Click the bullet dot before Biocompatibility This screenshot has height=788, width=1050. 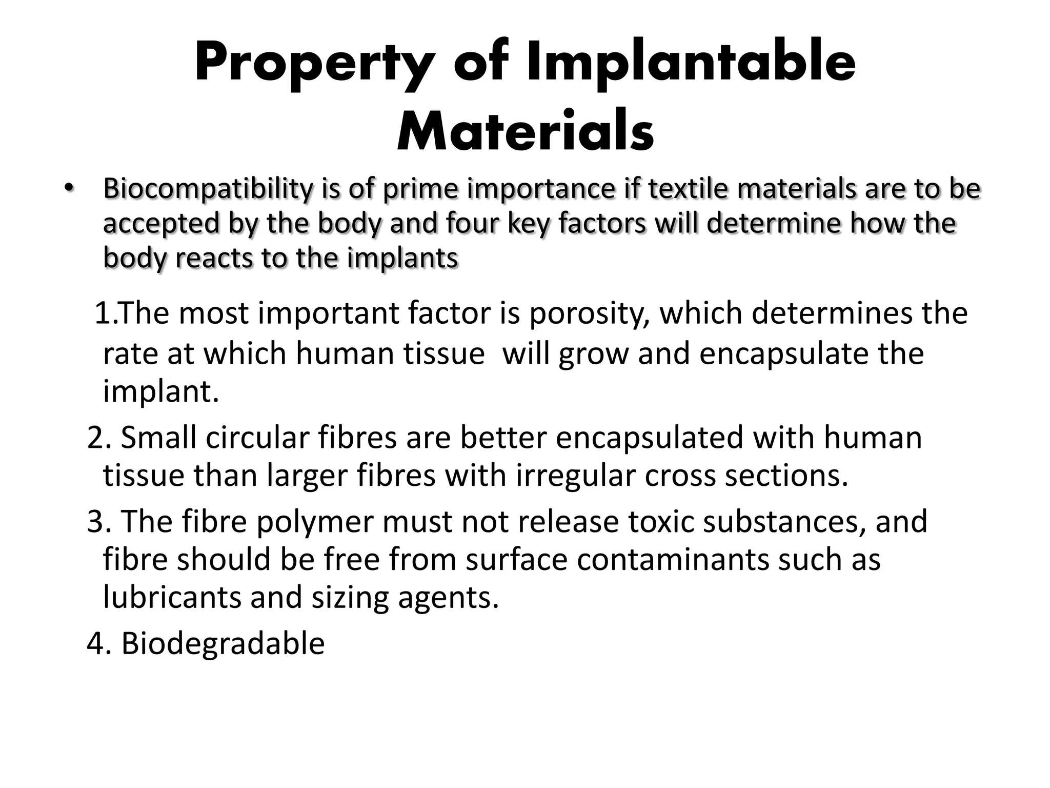coord(69,189)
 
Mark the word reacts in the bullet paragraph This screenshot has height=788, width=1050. coord(214,258)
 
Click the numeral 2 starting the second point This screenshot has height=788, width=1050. coord(96,438)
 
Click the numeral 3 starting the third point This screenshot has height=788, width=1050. coord(96,521)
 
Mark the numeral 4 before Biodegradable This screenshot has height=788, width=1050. coord(96,643)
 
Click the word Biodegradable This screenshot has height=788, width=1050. coord(223,643)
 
